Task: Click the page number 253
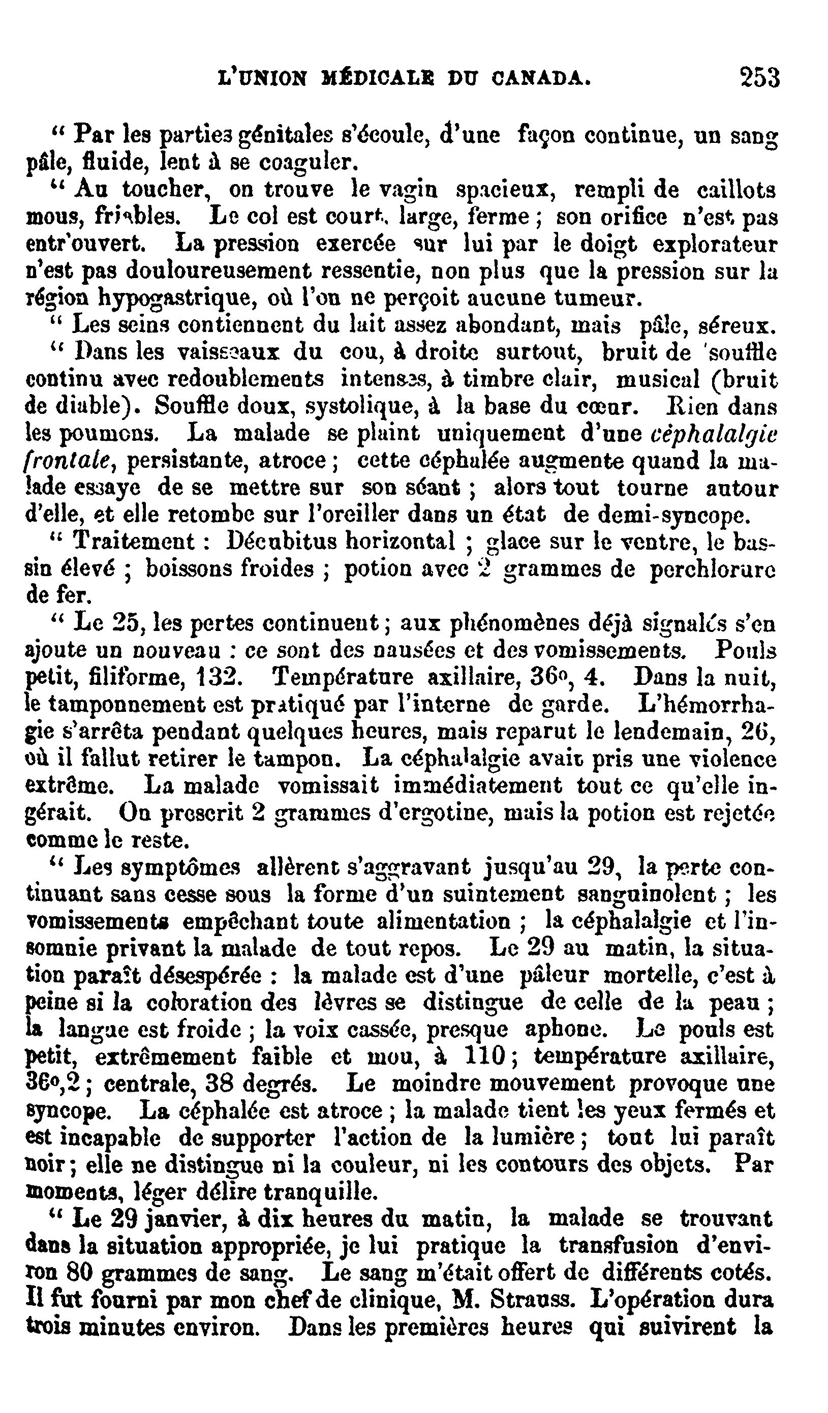point(759,78)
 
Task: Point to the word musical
point(658,380)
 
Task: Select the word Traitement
point(134,542)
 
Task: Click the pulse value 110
point(485,1057)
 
